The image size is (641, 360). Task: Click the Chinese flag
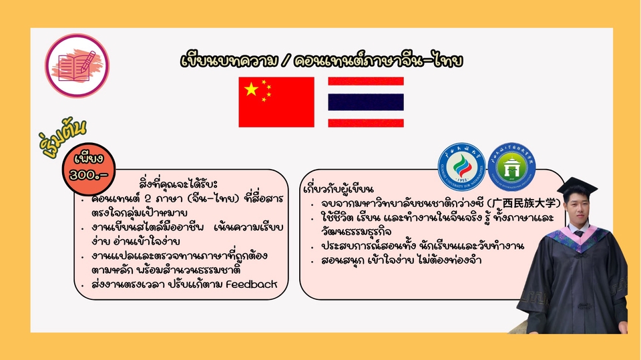pos(276,102)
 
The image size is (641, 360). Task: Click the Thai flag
pos(365,102)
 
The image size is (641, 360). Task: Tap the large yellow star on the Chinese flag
pos(251,89)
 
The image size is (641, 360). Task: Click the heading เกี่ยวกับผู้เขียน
pos(338,188)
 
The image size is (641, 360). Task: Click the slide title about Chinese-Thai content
pos(321,60)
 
